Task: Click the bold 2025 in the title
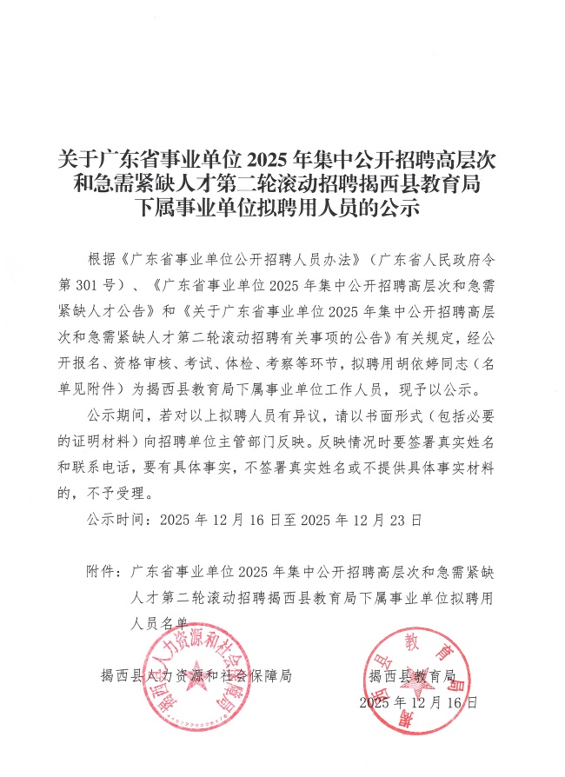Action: click(271, 160)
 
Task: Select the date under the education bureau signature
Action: click(418, 702)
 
